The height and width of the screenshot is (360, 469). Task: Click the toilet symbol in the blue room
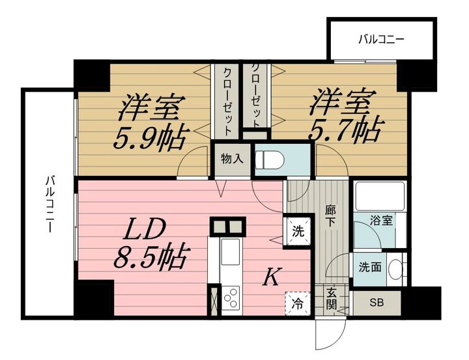coord(269,159)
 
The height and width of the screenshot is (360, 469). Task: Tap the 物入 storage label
coord(232,159)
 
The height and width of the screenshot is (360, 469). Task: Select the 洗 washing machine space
coord(298,232)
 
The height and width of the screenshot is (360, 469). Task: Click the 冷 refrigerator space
coord(298,303)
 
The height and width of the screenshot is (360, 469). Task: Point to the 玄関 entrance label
coord(332,299)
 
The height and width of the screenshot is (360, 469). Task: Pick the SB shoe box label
coord(377,303)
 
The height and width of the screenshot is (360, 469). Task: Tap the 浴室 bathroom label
coord(381,221)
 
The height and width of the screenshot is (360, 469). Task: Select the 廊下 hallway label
coord(330,216)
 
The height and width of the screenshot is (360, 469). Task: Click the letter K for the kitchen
coord(272,277)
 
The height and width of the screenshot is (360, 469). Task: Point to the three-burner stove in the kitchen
coord(231,298)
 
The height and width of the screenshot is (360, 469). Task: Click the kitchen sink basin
coord(230,252)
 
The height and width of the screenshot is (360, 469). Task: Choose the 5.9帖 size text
coord(151,139)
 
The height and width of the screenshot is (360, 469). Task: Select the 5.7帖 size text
coord(345,130)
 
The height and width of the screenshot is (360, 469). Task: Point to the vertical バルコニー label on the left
coord(50,204)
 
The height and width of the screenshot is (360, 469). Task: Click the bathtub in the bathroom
coord(380,196)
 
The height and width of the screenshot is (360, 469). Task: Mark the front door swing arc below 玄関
coord(335,337)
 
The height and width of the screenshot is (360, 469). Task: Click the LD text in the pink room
coord(145,228)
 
